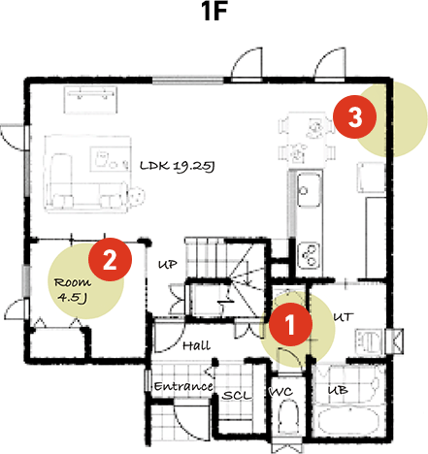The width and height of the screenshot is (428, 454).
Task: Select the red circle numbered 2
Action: pyautogui.click(x=109, y=259)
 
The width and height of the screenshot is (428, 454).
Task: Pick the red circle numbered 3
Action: pyautogui.click(x=354, y=118)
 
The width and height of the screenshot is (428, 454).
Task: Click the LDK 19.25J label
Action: pyautogui.click(x=176, y=166)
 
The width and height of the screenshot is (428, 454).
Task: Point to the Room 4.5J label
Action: pyautogui.click(x=71, y=289)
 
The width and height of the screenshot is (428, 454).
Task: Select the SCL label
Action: pyautogui.click(x=237, y=396)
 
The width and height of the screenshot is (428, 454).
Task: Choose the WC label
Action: pyautogui.click(x=280, y=393)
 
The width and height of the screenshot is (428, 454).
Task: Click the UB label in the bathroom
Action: pyautogui.click(x=338, y=391)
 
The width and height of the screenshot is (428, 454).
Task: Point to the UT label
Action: pyautogui.click(x=343, y=316)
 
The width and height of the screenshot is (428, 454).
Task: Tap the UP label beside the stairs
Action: pyautogui.click(x=167, y=264)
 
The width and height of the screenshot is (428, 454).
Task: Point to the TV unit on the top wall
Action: pyautogui.click(x=91, y=94)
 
